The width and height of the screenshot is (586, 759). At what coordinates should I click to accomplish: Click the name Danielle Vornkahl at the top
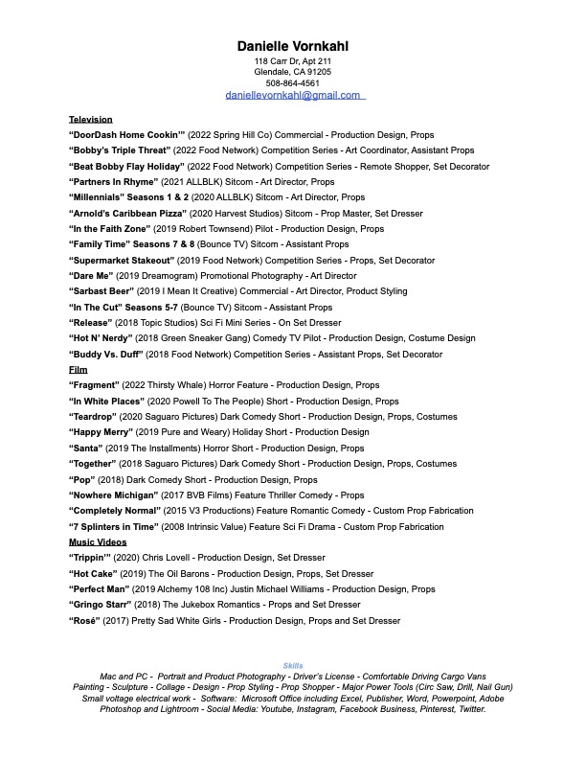click(x=293, y=46)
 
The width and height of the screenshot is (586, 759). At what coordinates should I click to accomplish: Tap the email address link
click(x=293, y=95)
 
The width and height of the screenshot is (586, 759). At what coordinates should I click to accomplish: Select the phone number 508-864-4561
click(x=293, y=83)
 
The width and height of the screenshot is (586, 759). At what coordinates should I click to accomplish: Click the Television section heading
click(x=91, y=119)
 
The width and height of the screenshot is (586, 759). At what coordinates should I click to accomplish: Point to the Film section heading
click(x=78, y=370)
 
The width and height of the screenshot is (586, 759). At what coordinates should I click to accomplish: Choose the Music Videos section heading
click(x=98, y=542)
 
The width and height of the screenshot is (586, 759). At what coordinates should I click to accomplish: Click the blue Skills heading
click(x=293, y=665)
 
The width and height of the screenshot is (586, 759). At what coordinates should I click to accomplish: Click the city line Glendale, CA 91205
click(x=293, y=72)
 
